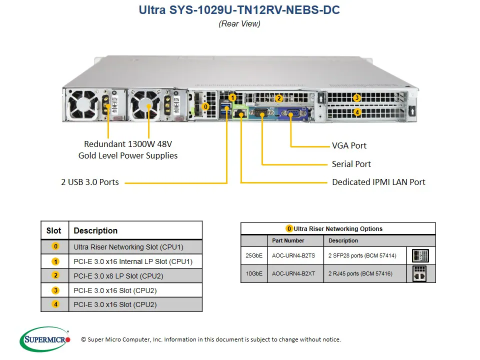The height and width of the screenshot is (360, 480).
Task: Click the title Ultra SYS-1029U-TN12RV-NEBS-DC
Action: (239, 10)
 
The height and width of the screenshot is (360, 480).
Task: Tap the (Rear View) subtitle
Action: (239, 23)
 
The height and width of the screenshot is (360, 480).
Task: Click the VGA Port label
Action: (349, 145)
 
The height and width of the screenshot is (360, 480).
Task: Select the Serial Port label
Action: (351, 164)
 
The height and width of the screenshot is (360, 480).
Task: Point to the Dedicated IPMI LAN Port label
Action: (378, 182)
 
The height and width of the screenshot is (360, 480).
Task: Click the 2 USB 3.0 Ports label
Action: (90, 182)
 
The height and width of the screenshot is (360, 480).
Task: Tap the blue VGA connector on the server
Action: (290, 113)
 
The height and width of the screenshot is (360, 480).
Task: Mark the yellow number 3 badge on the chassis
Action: (356, 98)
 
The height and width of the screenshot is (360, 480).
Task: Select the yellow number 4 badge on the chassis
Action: (356, 112)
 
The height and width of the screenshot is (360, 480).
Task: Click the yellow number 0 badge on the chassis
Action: (205, 106)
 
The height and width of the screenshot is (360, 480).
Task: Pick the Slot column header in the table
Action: (54, 230)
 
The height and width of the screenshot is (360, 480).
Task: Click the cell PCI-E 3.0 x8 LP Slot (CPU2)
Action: (118, 275)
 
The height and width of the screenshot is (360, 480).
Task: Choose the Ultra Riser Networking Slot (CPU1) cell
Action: (128, 246)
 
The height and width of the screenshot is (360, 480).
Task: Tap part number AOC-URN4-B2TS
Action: (293, 255)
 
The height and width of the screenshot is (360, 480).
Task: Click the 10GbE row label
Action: (253, 273)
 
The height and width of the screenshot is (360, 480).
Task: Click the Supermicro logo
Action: (45, 340)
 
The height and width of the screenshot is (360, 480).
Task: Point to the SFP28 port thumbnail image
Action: (420, 256)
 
